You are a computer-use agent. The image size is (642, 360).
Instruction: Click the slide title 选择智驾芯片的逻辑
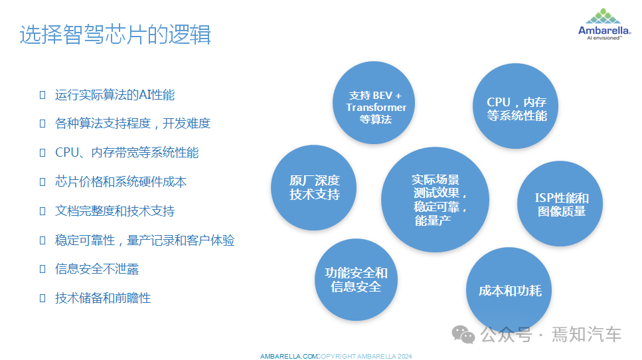(115, 35)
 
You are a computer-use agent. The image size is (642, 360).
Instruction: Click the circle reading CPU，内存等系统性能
(517, 106)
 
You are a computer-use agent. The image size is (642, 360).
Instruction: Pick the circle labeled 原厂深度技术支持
(314, 188)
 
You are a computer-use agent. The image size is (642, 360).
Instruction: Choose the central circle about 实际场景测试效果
(435, 200)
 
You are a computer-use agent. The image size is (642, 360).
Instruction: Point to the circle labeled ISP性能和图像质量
(561, 205)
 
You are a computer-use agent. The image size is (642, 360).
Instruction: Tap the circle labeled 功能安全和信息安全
(356, 280)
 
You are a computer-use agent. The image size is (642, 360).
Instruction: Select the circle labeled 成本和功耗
(510, 291)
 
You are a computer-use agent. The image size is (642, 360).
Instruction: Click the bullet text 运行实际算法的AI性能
(115, 95)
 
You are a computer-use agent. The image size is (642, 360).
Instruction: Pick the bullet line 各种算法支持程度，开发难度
(133, 124)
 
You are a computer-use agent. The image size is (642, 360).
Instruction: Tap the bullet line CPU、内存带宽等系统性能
(127, 153)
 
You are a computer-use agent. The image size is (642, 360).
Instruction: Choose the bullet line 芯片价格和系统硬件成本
(121, 182)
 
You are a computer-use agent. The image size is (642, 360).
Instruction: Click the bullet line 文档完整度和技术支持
(115, 211)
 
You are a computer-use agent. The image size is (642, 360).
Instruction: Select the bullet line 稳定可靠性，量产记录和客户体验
(145, 240)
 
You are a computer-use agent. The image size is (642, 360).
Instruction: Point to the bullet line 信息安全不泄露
(97, 269)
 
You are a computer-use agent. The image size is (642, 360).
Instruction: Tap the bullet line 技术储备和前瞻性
(103, 298)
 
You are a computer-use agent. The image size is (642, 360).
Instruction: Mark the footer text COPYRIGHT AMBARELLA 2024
(364, 357)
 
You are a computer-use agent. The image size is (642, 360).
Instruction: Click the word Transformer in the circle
(376, 108)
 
